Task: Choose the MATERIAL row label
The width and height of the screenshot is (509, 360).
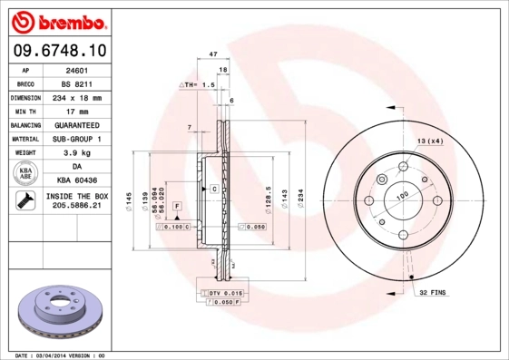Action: [x=24, y=139]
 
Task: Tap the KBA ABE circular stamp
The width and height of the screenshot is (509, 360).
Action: [x=24, y=174]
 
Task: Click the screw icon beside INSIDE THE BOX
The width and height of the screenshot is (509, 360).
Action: [x=24, y=202]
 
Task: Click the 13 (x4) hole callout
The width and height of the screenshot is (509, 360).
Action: [x=429, y=141]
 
